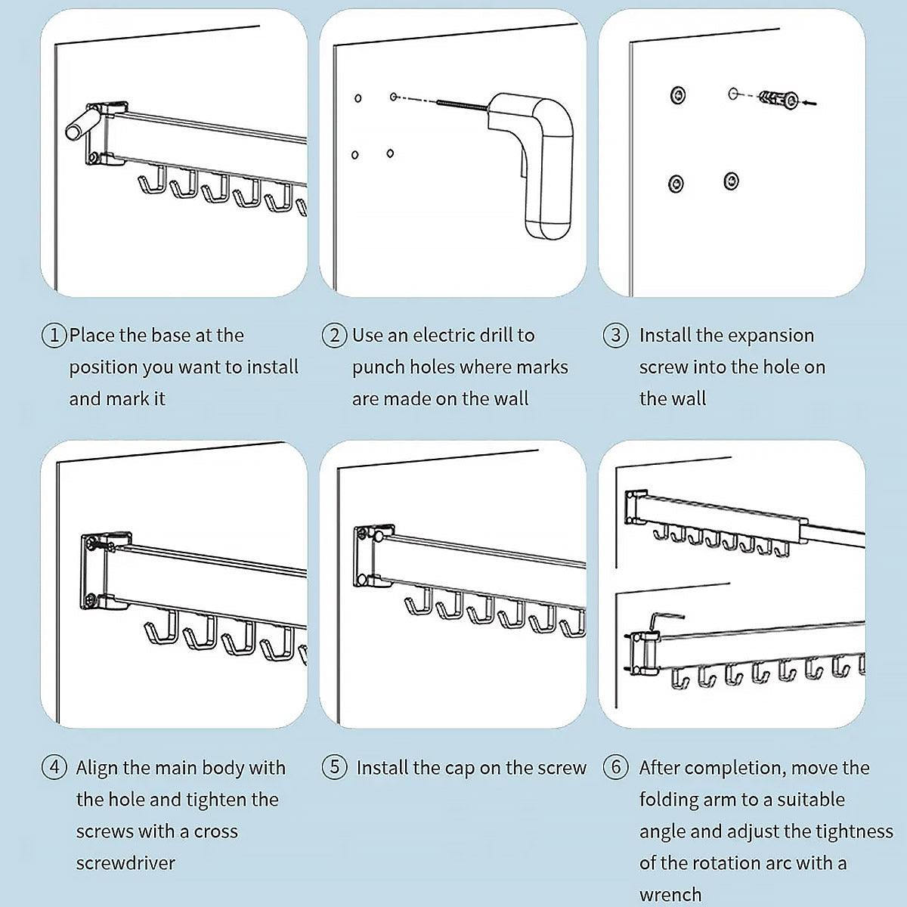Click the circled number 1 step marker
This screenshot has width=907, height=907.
click(x=54, y=336)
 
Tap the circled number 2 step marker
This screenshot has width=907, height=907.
click(x=334, y=336)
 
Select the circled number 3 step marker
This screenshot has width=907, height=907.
click(x=616, y=336)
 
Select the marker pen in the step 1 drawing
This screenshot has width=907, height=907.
click(x=83, y=123)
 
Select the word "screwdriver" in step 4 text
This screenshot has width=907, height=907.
click(x=125, y=862)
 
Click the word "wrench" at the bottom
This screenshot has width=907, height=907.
click(x=670, y=895)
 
